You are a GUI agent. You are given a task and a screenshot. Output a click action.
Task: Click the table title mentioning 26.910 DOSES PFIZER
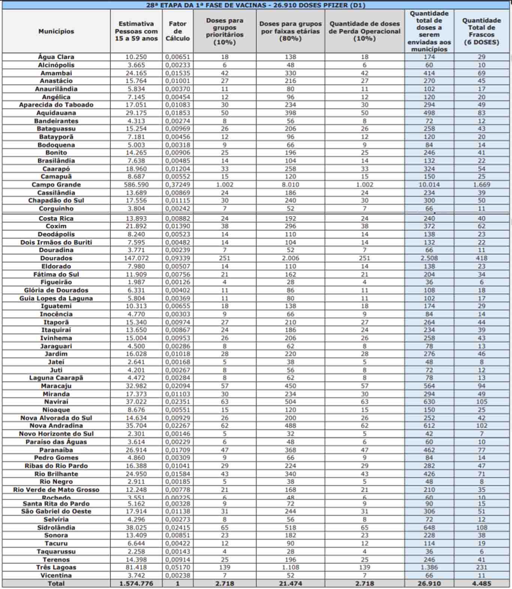point(256,5)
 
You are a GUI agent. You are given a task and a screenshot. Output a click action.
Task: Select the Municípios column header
point(56,31)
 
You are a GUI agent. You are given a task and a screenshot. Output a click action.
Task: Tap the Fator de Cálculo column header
point(178,31)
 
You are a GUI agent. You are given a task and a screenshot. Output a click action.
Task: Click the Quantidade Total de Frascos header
point(481,31)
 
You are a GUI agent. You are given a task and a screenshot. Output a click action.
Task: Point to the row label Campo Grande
point(56,185)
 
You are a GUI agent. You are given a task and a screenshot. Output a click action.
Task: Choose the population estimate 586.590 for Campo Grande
point(136,185)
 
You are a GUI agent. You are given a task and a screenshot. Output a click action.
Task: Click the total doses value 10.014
point(429,185)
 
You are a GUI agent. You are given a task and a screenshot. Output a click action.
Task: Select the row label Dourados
point(56,258)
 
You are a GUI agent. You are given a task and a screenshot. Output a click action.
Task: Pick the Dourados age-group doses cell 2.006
point(290,258)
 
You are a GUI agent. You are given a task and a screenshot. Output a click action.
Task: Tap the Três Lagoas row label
point(56,567)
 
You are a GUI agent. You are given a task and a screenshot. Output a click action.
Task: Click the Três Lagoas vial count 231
point(481,567)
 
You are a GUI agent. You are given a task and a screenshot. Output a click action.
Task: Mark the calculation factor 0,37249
point(178,185)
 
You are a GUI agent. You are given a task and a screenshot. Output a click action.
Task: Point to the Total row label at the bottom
point(56,583)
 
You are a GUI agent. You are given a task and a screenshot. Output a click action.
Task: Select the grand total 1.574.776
point(136,583)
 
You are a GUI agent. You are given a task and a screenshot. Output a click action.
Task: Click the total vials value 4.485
point(481,583)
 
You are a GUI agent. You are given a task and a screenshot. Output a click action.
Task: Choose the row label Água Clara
point(56,57)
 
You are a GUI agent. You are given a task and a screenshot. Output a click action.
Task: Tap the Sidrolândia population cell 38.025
point(136,527)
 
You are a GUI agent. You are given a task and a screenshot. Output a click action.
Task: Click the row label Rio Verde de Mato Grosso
point(56,490)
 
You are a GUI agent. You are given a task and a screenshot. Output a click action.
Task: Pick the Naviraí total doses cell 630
point(429,402)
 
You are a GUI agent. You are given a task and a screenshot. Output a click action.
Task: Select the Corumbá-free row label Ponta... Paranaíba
point(56,450)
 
